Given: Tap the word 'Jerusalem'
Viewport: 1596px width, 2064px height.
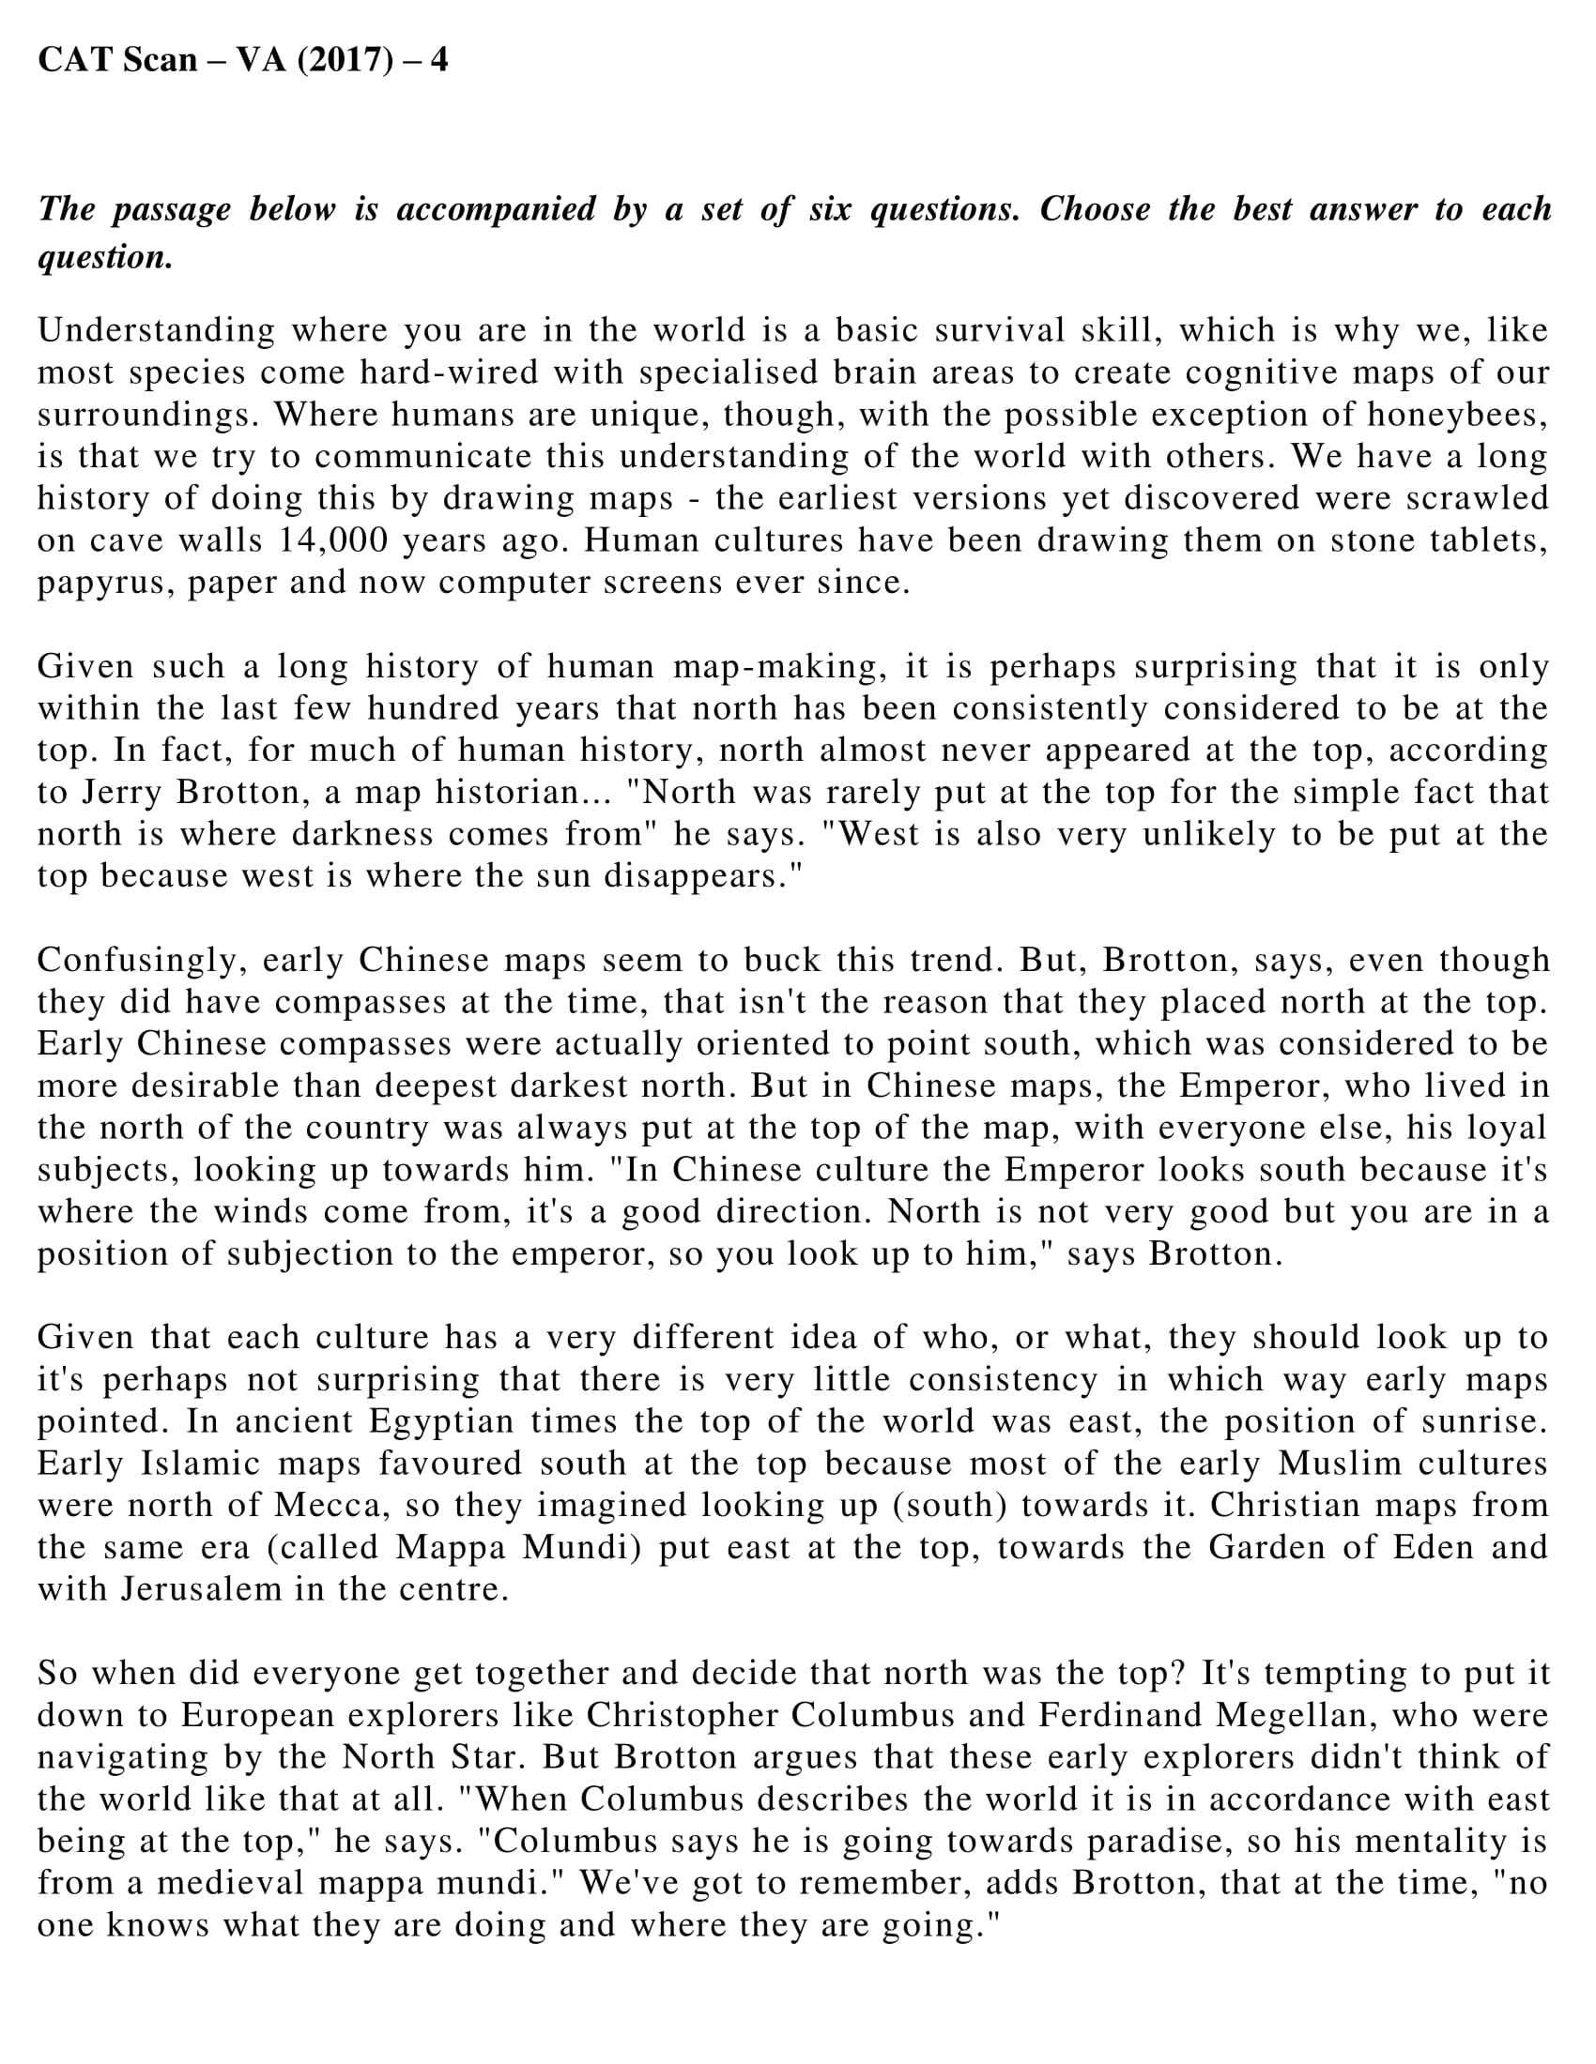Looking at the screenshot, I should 199,1588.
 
